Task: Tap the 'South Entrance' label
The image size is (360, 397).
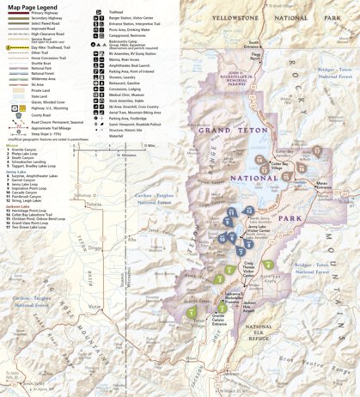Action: (x=253, y=42)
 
